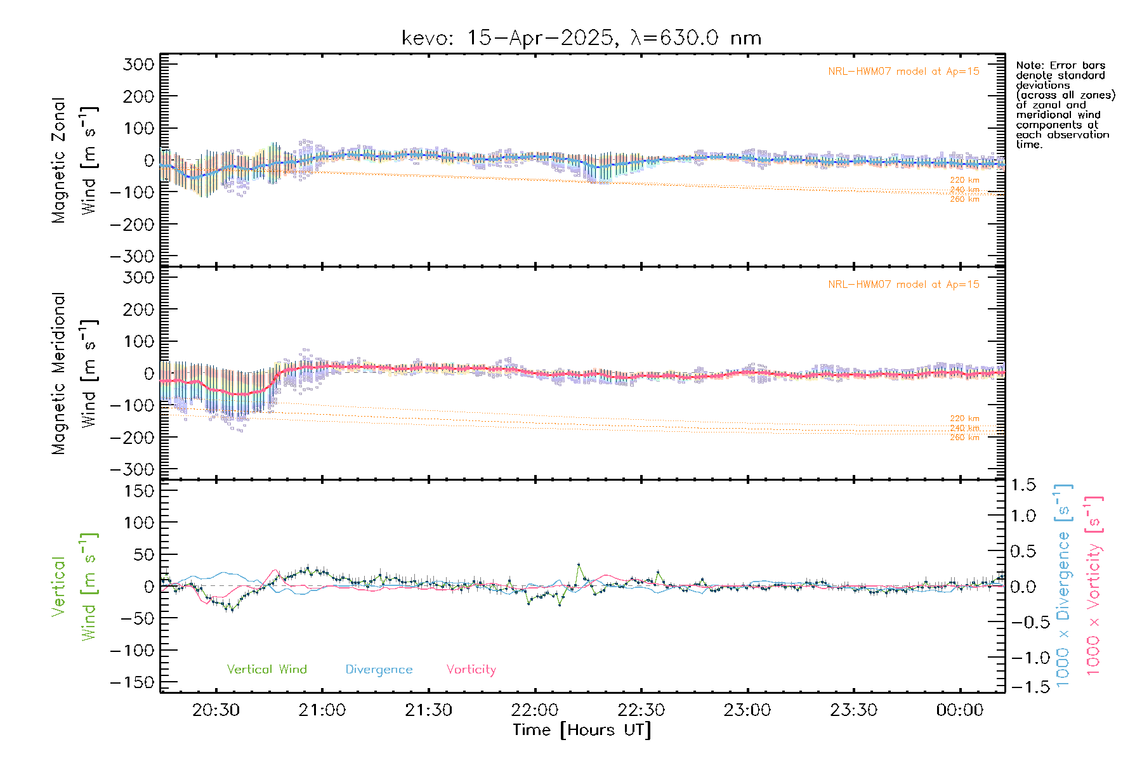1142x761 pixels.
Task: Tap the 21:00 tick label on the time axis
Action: click(x=322, y=710)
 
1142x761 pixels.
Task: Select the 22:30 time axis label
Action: click(x=641, y=710)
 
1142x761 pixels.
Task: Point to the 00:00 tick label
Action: click(x=960, y=710)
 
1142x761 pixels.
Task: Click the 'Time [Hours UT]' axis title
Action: click(x=582, y=731)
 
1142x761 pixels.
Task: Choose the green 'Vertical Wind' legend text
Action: click(x=266, y=670)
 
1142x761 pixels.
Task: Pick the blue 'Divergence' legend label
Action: click(x=379, y=670)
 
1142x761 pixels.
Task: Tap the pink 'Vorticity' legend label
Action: click(x=471, y=670)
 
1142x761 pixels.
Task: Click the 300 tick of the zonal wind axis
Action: click(x=139, y=64)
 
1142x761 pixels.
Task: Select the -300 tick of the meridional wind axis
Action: click(x=133, y=469)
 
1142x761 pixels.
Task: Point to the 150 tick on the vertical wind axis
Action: click(x=139, y=491)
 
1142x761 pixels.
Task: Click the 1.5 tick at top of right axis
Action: click(x=1023, y=485)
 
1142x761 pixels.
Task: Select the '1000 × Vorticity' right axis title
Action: click(x=1093, y=586)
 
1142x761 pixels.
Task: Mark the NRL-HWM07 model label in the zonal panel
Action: click(x=903, y=72)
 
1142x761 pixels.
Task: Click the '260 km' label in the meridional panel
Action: click(x=964, y=438)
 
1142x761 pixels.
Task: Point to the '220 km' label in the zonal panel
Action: click(x=964, y=180)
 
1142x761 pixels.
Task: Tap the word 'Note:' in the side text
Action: click(x=1028, y=65)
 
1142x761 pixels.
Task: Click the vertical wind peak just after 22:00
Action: click(x=579, y=564)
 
